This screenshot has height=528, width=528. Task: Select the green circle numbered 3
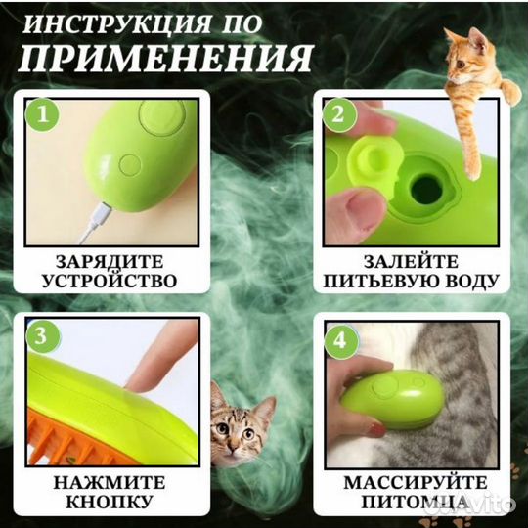[40, 337]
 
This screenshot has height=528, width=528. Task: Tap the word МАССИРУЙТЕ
[415, 481]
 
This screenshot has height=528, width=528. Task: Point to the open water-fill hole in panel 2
[426, 187]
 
